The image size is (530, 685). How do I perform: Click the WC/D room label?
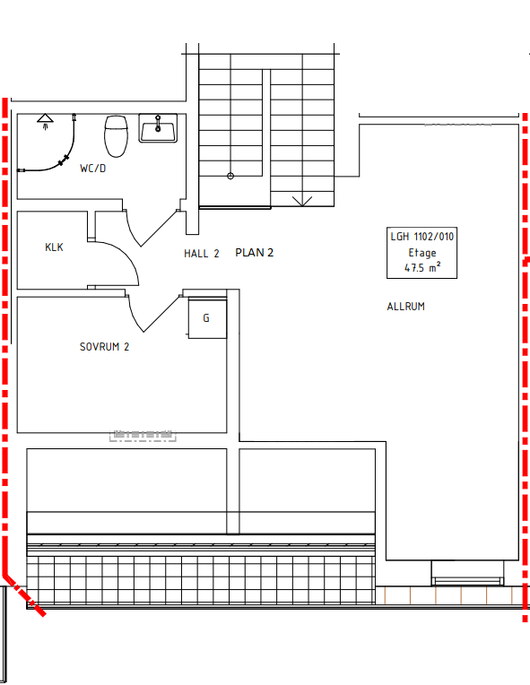point(92,168)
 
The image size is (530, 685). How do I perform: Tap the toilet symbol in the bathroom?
point(115,135)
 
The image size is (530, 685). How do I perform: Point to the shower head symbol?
point(45,120)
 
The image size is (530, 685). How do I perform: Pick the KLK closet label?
point(54,247)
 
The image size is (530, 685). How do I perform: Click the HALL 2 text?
point(201,254)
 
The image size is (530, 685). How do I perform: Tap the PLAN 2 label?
point(254,253)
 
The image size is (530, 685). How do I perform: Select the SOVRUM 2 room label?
point(104,347)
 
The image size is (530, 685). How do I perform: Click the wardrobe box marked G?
point(206,318)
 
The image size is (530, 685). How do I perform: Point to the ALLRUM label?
point(405,307)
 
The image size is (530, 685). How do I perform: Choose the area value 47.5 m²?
point(422,268)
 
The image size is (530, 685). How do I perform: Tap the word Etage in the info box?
point(422,253)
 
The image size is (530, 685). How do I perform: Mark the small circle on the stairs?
point(230,176)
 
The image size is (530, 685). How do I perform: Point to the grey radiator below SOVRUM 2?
point(143,436)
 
